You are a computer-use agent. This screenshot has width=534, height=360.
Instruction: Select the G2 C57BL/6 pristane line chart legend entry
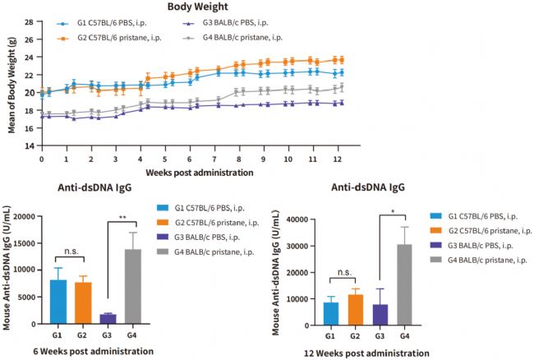tap(125, 37)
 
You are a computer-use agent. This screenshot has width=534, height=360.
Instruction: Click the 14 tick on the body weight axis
tap(27, 146)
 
